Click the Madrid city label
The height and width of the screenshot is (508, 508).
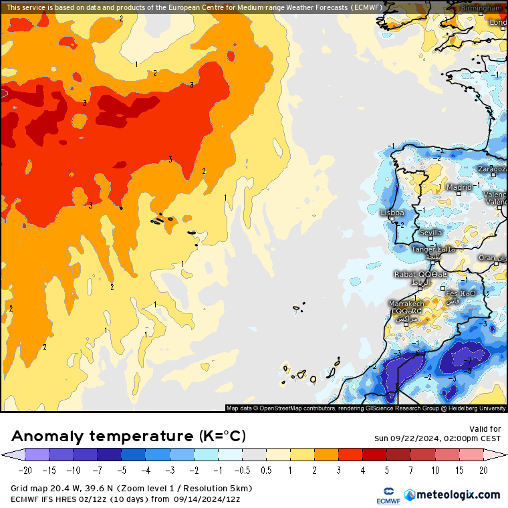click(x=459, y=188)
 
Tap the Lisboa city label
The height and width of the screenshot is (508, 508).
click(x=392, y=213)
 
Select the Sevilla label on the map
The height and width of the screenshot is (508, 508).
click(x=431, y=233)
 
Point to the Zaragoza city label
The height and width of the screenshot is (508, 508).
click(x=493, y=169)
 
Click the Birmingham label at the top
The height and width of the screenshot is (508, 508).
click(x=481, y=8)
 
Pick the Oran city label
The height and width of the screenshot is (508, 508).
click(x=488, y=258)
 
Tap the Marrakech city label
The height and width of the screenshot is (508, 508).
click(x=407, y=303)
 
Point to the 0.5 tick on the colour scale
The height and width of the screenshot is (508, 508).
click(x=266, y=471)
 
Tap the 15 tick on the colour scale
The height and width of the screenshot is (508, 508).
click(x=459, y=471)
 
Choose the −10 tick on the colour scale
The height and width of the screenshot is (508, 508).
click(x=74, y=471)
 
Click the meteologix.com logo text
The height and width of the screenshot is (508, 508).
click(x=459, y=495)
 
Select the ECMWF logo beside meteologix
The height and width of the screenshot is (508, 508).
click(x=383, y=495)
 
